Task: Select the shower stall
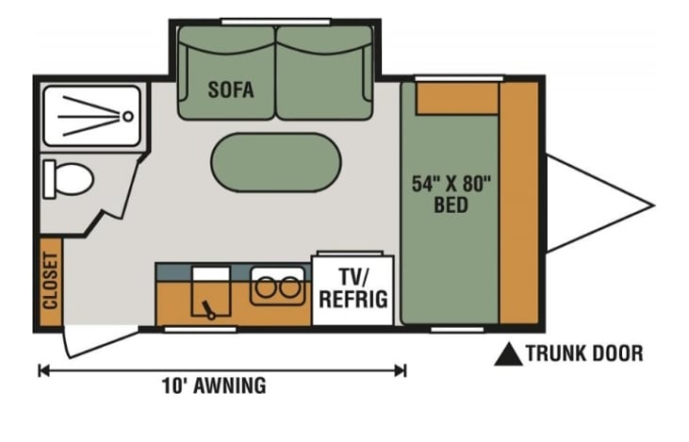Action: click(x=91, y=117)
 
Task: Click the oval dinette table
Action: click(x=274, y=162)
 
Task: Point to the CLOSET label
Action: click(x=50, y=281)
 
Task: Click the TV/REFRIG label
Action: click(x=352, y=288)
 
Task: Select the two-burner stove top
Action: click(x=278, y=286)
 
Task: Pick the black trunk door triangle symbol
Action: click(x=509, y=354)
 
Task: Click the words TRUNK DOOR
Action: click(x=584, y=354)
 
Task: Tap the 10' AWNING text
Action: click(x=212, y=385)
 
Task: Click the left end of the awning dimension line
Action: click(x=41, y=370)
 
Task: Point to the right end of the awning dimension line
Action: click(x=404, y=370)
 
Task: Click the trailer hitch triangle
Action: click(x=589, y=203)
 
